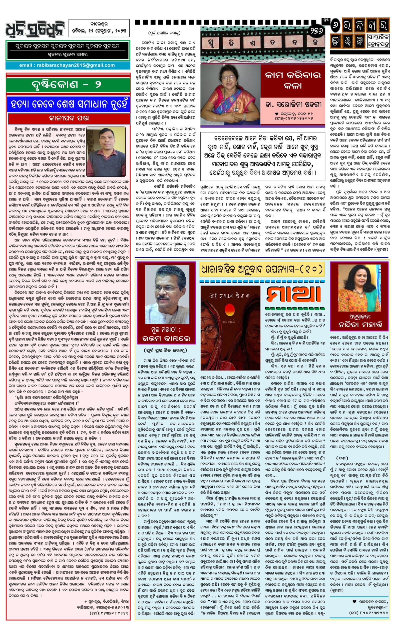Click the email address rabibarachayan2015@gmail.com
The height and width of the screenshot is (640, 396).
point(67,65)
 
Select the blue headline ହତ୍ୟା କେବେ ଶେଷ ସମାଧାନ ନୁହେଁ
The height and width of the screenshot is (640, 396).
point(68,105)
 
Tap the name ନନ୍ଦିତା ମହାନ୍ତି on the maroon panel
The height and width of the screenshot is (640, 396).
point(360,325)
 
